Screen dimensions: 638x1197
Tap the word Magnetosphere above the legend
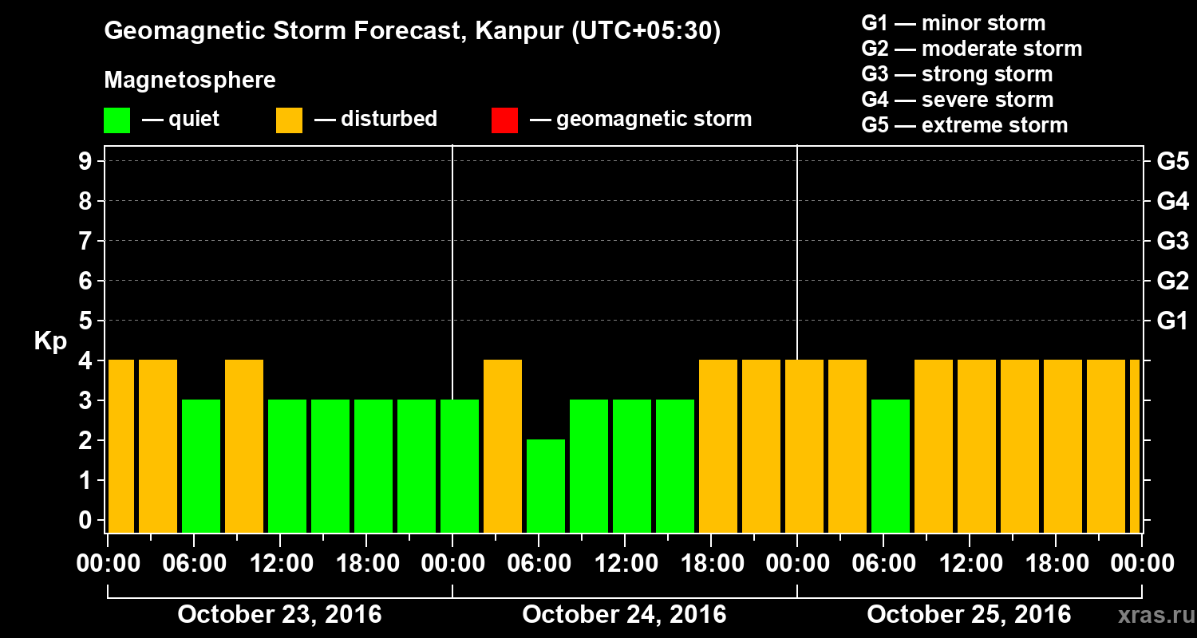coord(190,81)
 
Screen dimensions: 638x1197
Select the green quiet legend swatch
coord(117,120)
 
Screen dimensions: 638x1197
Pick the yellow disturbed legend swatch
coord(289,120)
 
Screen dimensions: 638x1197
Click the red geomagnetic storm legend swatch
coord(504,120)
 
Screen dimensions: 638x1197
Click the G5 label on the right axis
coord(1172,162)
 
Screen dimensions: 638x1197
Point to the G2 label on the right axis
coord(1172,282)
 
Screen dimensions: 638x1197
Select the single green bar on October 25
coord(891,466)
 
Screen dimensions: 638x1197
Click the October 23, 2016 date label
coord(279,615)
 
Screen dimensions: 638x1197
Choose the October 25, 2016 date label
coord(969,615)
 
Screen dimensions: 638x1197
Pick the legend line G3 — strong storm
coord(957,74)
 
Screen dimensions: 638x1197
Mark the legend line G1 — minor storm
coord(953,23)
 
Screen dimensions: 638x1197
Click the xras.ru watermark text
coord(1150,615)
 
